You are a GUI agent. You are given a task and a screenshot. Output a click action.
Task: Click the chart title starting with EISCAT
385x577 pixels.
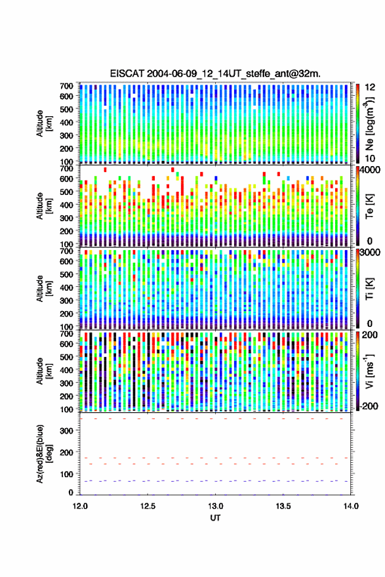pyautogui.click(x=215, y=74)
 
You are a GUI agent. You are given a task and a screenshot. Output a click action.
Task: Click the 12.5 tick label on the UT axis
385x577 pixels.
pyautogui.click(x=148, y=506)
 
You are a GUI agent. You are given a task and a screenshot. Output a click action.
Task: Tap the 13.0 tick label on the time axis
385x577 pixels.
pyautogui.click(x=216, y=506)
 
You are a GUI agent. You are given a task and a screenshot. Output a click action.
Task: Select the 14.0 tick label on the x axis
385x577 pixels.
pyautogui.click(x=351, y=506)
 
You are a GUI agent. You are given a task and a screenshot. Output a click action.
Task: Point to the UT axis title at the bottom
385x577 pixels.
pyautogui.click(x=216, y=518)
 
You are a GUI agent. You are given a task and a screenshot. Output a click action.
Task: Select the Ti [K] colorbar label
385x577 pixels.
pyautogui.click(x=369, y=289)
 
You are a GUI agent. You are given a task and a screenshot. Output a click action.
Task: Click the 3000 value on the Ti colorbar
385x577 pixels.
pyautogui.click(x=371, y=253)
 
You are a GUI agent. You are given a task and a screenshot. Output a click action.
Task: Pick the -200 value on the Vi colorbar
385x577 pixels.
pyautogui.click(x=369, y=406)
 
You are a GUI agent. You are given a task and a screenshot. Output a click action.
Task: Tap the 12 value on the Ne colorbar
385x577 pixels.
pyautogui.click(x=370, y=87)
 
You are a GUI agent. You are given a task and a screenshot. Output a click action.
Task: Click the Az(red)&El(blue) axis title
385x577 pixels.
pyautogui.click(x=43, y=454)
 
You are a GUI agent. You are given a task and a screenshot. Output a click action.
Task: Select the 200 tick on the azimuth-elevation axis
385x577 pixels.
pyautogui.click(x=66, y=452)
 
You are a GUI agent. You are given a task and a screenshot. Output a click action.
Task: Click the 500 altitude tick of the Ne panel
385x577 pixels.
pyautogui.click(x=66, y=109)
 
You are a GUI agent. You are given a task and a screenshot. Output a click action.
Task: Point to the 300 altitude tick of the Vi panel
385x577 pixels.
pyautogui.click(x=66, y=383)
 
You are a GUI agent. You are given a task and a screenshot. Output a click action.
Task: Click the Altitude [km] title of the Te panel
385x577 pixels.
pyautogui.click(x=43, y=206)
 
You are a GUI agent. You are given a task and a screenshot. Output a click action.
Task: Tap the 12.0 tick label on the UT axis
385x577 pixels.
pyautogui.click(x=80, y=506)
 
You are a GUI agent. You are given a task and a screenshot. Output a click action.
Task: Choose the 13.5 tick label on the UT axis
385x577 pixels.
pyautogui.click(x=283, y=506)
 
